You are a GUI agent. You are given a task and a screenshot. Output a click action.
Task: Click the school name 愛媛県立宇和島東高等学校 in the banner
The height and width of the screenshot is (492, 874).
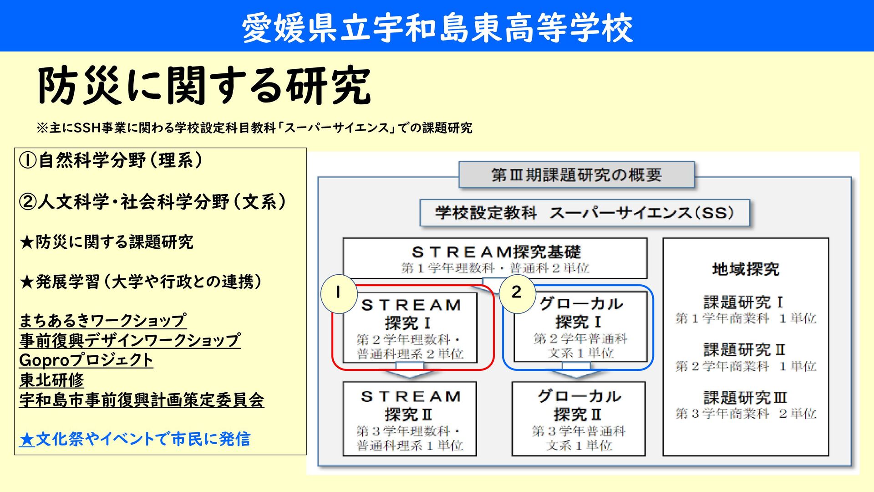click(x=437, y=27)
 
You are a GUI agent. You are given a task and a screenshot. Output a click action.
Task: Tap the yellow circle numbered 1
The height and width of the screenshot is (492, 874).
click(x=338, y=293)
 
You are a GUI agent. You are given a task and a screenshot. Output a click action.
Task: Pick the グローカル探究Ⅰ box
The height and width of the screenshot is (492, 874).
click(x=580, y=327)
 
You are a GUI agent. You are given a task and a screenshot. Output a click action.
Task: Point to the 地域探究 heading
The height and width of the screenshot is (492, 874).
click(x=746, y=269)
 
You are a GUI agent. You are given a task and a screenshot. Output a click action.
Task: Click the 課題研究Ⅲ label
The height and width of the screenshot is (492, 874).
click(x=745, y=398)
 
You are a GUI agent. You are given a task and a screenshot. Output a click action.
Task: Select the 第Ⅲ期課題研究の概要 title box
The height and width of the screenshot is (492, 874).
click(x=576, y=175)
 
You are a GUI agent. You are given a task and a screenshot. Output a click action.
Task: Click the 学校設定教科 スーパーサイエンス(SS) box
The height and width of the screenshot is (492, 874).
click(x=584, y=213)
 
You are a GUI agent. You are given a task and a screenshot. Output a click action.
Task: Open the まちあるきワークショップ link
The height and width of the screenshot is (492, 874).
click(x=103, y=321)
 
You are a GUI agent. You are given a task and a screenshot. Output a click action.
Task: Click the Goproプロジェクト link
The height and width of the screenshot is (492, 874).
click(x=86, y=360)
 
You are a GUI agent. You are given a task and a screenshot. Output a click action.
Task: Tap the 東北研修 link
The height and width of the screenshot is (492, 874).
click(x=52, y=380)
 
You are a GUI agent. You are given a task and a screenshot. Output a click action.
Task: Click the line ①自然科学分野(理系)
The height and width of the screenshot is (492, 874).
click(x=111, y=160)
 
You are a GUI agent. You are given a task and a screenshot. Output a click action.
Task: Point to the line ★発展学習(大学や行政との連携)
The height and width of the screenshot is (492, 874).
click(x=141, y=282)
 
